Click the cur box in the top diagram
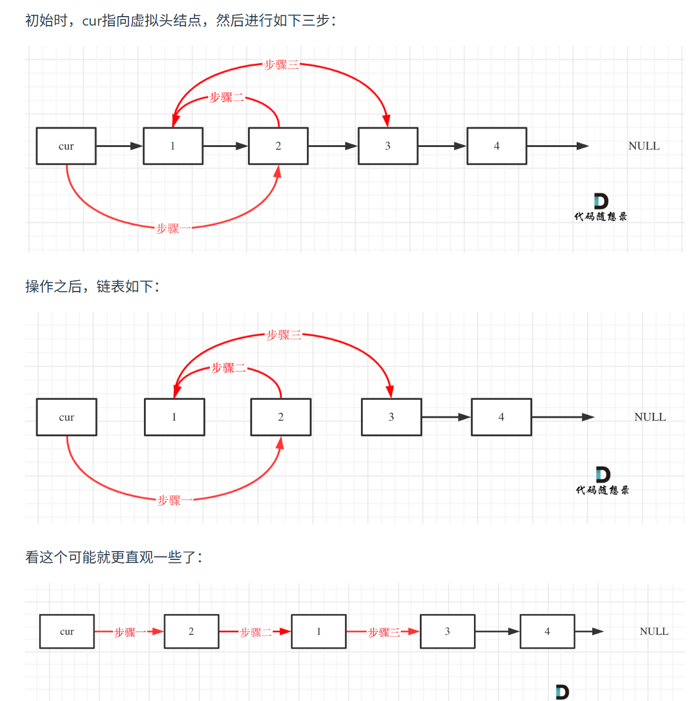coord(66,146)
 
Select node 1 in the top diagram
coord(173,146)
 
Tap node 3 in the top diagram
coord(388,146)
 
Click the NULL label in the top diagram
coord(644,146)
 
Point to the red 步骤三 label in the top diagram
coord(281,64)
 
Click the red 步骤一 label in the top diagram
coord(173,229)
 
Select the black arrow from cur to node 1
coord(119,146)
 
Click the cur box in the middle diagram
coord(67,417)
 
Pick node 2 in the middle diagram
coord(281,417)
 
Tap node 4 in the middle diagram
coord(501,417)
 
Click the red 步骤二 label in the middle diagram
coord(228,368)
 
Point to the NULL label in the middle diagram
coord(650,417)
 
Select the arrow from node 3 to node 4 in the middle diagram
coord(446,417)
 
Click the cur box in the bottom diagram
coord(67,631)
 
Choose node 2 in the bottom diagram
coord(191,631)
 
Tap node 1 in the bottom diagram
coord(319,631)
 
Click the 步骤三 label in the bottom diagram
coord(384,632)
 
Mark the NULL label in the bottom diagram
coord(654,631)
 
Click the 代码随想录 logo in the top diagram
coord(601,208)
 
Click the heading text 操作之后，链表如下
coord(92,287)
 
